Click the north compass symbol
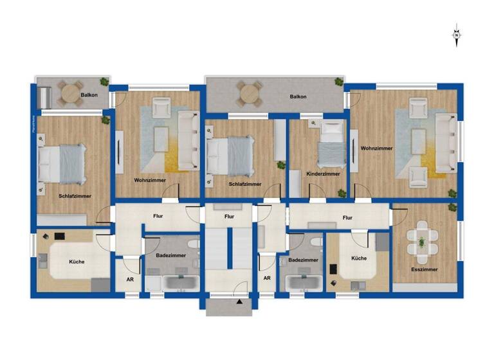[x=456, y=35]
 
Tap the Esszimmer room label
[x=424, y=269]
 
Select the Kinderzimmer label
[x=323, y=174]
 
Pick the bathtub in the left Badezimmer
[x=175, y=282]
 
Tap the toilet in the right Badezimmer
[x=313, y=243]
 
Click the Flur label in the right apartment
[x=347, y=218]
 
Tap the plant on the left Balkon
[x=104, y=81]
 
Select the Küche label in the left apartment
[x=77, y=262]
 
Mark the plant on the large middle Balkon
[x=338, y=82]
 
